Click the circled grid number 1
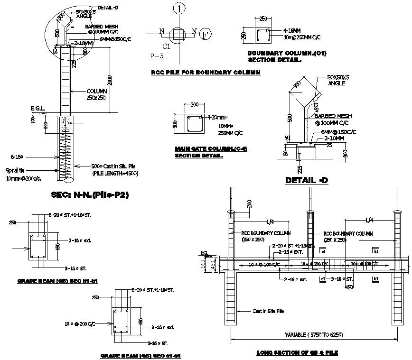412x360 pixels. click(x=178, y=8)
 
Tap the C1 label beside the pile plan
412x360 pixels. click(x=166, y=46)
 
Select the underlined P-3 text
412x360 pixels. click(x=157, y=56)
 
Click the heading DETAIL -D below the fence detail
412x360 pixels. click(x=307, y=180)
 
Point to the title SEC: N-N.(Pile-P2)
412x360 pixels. click(x=90, y=194)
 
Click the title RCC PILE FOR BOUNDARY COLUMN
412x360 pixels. click(x=206, y=73)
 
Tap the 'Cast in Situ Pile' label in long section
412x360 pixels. click(x=268, y=311)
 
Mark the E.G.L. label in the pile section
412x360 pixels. click(x=37, y=109)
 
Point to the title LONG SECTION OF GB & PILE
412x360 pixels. click(x=297, y=352)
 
